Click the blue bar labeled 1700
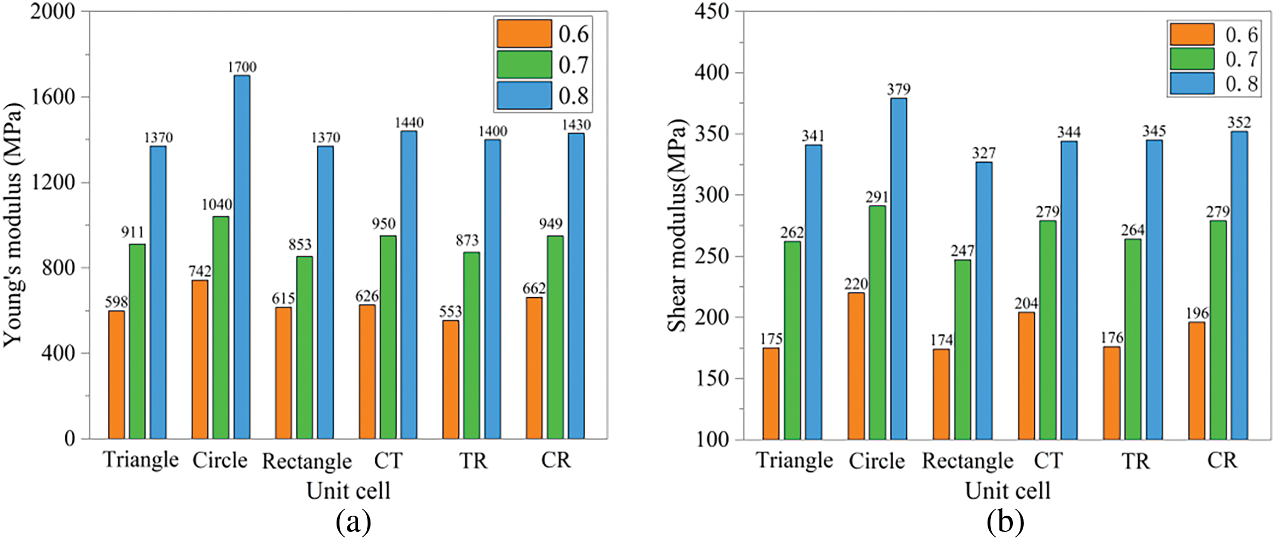(242, 256)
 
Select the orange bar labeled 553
(450, 379)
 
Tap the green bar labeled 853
(304, 347)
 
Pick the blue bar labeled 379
(899, 268)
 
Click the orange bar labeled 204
(1026, 375)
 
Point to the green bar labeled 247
(963, 349)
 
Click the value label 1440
(409, 123)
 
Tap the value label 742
(200, 271)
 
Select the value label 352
(1239, 123)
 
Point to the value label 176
(1112, 338)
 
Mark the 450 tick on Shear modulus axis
(711, 11)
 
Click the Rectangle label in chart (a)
(307, 462)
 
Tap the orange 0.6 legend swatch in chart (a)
(524, 34)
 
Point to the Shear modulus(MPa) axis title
(678, 225)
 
